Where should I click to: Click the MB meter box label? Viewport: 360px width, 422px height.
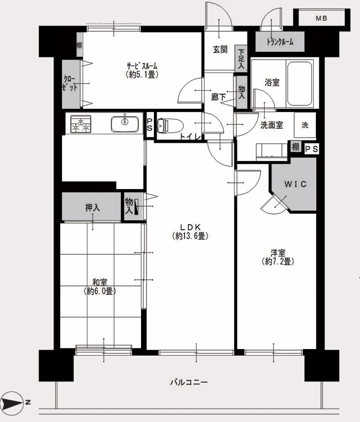point(321,18)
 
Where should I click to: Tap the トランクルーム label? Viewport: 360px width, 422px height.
point(280,42)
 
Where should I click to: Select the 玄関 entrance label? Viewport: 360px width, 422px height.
point(220,49)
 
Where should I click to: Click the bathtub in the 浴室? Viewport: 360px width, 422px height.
point(300,84)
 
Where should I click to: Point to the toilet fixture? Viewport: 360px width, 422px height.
point(170,126)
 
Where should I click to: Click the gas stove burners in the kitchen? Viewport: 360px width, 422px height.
point(81,124)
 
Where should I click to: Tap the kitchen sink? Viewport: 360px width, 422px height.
point(125,124)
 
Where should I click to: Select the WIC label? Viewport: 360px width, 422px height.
point(295,184)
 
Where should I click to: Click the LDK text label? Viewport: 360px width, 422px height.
point(190,227)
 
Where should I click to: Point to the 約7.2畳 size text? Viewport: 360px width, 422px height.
point(278,261)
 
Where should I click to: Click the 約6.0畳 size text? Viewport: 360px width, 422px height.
point(100,291)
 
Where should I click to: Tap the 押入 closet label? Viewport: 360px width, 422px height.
point(93,207)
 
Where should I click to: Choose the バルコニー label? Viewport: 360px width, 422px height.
point(189,382)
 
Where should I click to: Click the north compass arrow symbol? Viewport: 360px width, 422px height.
point(12,403)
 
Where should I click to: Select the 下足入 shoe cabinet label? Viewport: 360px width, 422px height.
point(241,59)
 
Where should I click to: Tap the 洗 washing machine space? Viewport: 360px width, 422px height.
point(305,125)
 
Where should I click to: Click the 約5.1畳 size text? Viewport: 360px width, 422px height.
point(142,75)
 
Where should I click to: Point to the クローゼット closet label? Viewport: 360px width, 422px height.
point(70,83)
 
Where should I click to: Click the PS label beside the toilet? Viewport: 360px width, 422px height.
point(149,125)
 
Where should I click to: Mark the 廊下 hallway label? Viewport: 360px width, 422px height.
point(218,97)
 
